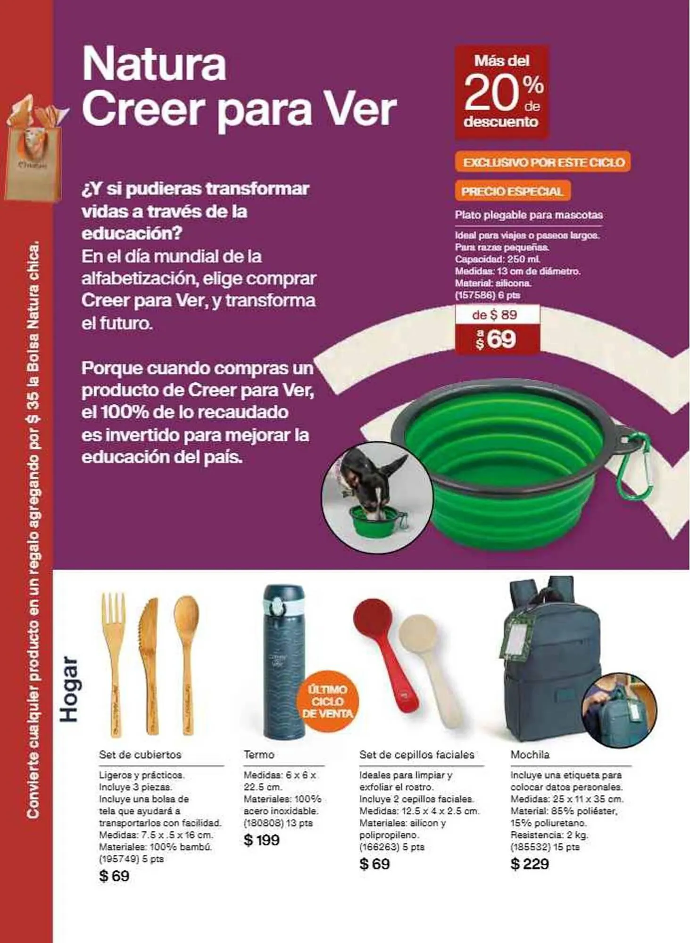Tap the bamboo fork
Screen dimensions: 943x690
coord(113,660)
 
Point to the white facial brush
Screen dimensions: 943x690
coord(427,670)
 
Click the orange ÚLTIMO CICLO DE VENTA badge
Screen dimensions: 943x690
coord(327,701)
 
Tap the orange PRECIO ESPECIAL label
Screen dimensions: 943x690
coord(512,191)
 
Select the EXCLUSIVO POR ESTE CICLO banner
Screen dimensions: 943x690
coord(543,162)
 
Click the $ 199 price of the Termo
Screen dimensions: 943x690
coord(262,840)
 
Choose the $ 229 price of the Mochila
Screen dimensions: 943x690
coord(530,864)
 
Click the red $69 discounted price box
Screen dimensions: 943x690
coord(497,339)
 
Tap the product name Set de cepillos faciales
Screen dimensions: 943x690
coord(416,755)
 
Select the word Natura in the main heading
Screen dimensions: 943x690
coord(154,64)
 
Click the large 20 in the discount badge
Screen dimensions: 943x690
coord(490,92)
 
